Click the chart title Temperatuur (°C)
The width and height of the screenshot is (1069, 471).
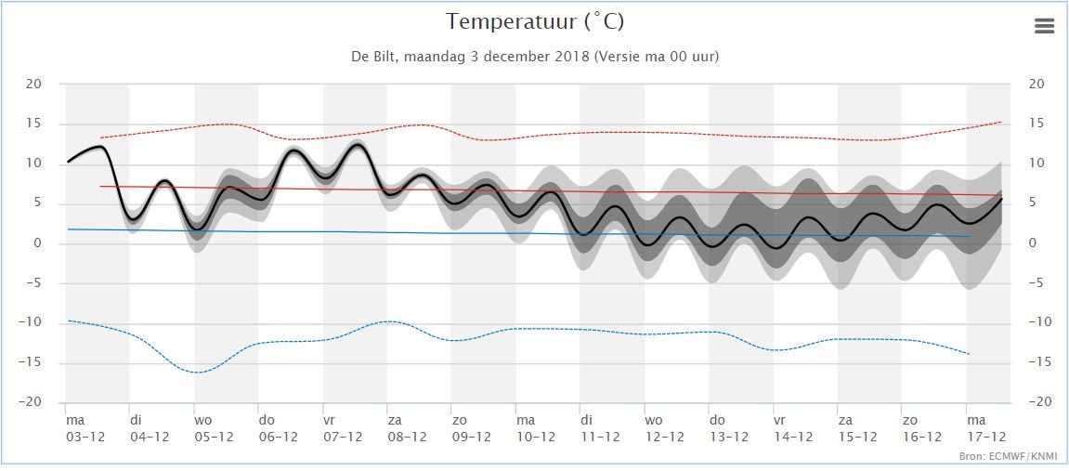(x=535, y=22)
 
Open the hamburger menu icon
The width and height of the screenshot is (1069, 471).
(x=1044, y=26)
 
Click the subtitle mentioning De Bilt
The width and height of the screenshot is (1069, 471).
(x=535, y=57)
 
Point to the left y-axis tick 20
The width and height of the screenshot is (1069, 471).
(x=33, y=84)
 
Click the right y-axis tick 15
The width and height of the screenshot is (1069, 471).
(x=1036, y=124)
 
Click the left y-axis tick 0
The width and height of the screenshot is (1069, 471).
(x=38, y=242)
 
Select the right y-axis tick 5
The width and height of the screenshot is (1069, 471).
(x=1034, y=203)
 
